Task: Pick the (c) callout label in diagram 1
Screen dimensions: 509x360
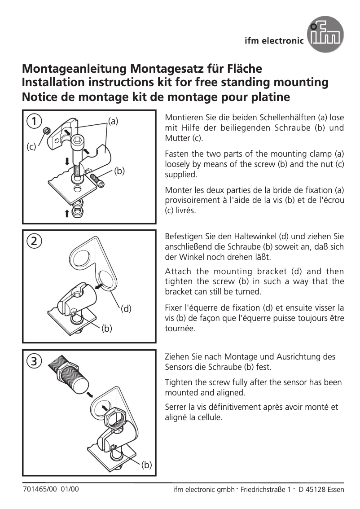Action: point(31,147)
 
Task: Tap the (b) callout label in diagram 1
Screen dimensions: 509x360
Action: point(119,171)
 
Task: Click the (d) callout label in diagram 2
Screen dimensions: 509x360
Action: point(126,309)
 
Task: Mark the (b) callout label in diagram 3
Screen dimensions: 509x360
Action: point(146,465)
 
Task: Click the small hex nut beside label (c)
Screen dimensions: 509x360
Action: point(45,131)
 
